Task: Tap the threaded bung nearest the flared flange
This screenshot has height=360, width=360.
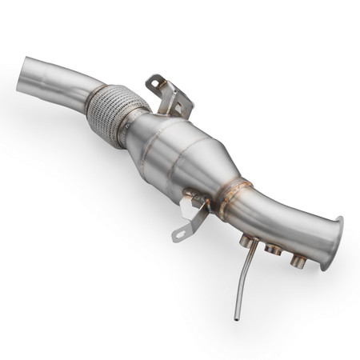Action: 298,260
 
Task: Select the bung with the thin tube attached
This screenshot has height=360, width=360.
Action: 250,240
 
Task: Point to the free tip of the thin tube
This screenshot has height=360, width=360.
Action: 237,318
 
